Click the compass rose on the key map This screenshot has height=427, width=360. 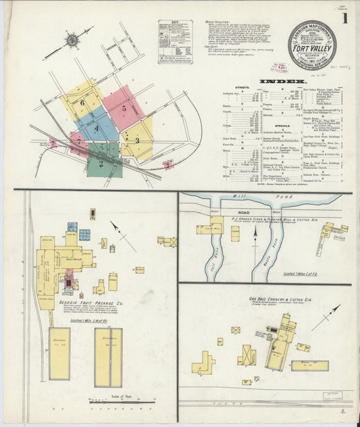[x=70, y=41]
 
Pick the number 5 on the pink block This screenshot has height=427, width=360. [x=124, y=107]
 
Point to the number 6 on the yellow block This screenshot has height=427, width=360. [x=82, y=103]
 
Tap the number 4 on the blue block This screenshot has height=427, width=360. [x=97, y=128]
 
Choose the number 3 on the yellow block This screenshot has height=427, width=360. [x=137, y=141]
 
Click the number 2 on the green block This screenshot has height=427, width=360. [x=101, y=163]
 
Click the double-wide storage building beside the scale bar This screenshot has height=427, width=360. [x=108, y=357]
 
